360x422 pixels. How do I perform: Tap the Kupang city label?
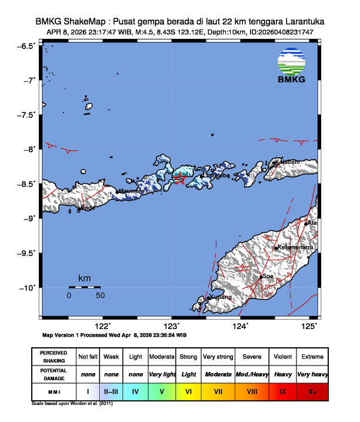pyautogui.click(x=218, y=298)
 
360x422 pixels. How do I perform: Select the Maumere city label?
pyautogui.click(x=132, y=191)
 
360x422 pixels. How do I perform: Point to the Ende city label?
pyautogui.click(x=87, y=208)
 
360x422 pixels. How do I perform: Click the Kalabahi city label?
pyautogui.click(x=287, y=162)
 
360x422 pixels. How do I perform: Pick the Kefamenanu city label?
pyautogui.click(x=295, y=248)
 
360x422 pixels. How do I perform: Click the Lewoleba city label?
pyautogui.click(x=215, y=175)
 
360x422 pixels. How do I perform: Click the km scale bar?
pyautogui.click(x=85, y=287)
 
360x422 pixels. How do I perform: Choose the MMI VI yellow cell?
pyautogui.click(x=188, y=390)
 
